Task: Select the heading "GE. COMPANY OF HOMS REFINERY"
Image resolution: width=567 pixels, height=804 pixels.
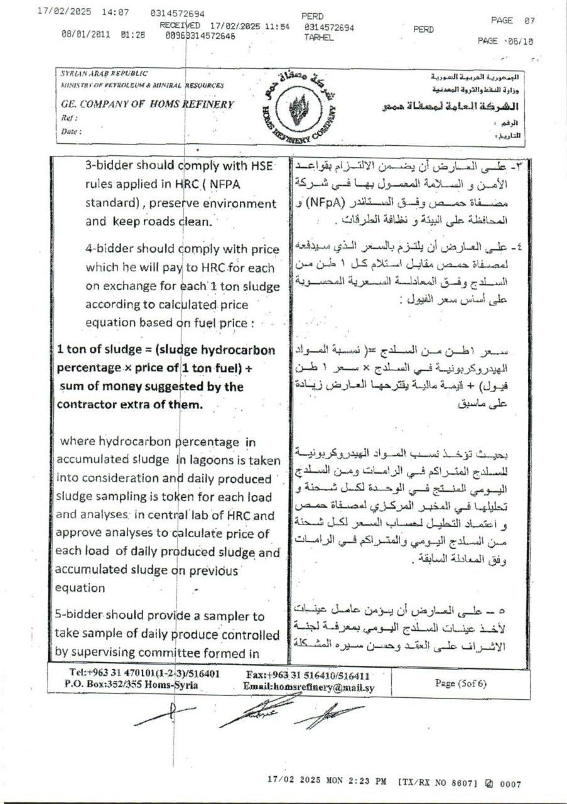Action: click(148, 105)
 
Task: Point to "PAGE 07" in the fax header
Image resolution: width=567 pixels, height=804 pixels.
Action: click(512, 20)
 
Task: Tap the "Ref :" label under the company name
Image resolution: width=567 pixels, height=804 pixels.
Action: click(69, 118)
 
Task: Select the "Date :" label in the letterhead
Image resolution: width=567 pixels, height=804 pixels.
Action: click(72, 131)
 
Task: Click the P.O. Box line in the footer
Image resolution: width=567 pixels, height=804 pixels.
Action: click(131, 685)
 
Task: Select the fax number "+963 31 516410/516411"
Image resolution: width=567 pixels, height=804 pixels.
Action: click(308, 675)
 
